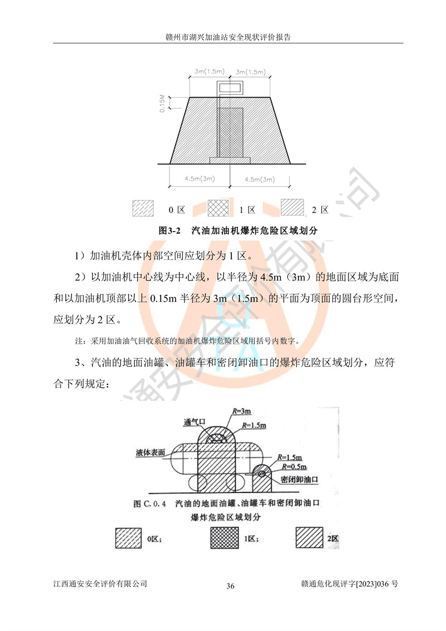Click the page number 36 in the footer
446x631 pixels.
point(230,586)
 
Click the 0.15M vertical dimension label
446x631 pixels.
point(162,103)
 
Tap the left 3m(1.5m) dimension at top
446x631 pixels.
point(209,71)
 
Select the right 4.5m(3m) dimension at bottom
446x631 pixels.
point(260,180)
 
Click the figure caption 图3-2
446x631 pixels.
point(169,230)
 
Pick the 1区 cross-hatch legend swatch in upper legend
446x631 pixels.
point(219,208)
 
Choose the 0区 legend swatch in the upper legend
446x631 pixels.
point(143,208)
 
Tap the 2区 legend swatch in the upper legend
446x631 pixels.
point(292,207)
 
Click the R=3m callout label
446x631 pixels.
point(241,411)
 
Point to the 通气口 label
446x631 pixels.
point(194,422)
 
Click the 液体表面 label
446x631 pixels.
point(151,452)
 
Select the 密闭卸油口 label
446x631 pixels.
point(299,479)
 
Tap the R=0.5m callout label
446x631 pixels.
point(294,467)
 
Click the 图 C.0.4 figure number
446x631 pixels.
point(149,504)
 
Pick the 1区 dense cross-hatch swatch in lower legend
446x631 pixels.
point(225,538)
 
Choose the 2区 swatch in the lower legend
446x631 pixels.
point(309,538)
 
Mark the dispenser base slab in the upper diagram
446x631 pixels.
point(230,160)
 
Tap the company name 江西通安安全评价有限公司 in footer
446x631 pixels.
point(100,584)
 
